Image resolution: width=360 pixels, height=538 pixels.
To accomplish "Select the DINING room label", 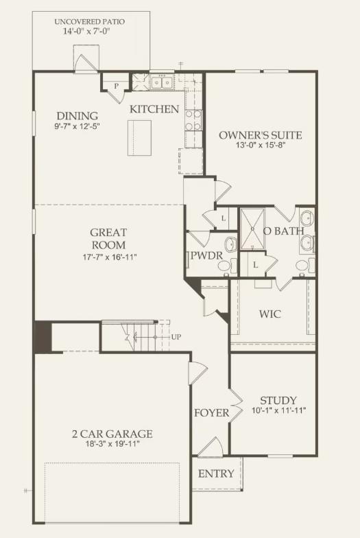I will tap(77, 115).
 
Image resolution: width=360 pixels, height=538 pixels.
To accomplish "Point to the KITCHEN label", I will tap(155, 109).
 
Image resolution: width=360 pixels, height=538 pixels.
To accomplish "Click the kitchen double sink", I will tap(163, 83).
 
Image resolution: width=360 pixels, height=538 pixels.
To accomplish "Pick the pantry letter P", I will tap(117, 86).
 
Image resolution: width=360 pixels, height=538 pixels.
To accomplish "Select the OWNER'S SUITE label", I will tap(261, 134).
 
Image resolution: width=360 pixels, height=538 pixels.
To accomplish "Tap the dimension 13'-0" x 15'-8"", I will tap(261, 146).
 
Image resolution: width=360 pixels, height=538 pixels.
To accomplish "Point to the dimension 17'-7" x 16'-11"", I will tap(108, 257).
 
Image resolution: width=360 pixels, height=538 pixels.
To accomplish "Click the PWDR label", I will tap(204, 258).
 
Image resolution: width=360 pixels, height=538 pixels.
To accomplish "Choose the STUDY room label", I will tap(278, 401).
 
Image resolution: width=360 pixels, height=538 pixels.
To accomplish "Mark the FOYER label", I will tap(211, 413).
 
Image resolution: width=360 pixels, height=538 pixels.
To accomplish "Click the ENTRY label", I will tap(216, 473).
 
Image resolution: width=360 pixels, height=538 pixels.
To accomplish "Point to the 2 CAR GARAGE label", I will tap(112, 434).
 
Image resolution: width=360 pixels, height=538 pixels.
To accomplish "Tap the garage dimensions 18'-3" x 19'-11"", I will tap(112, 445).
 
